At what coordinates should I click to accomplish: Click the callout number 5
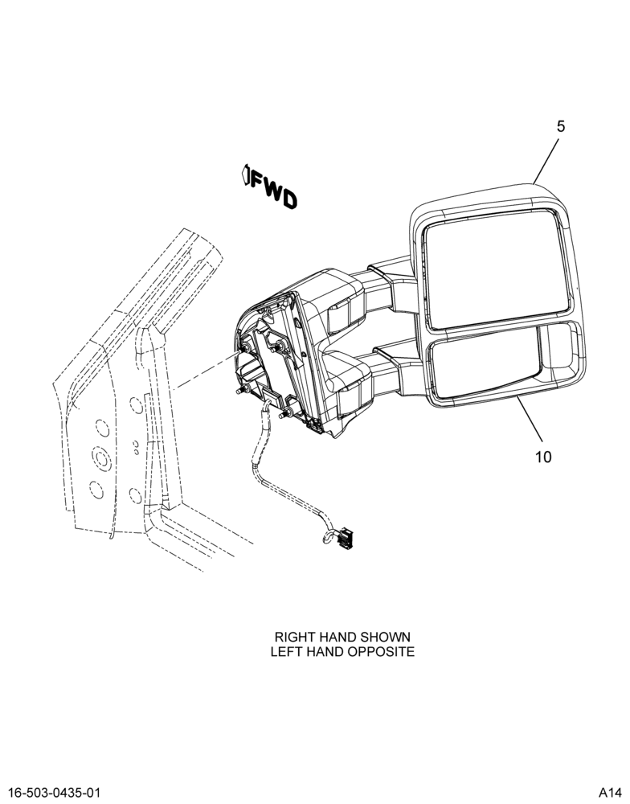(561, 126)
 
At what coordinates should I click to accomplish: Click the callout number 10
(543, 457)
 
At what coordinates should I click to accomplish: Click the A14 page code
(610, 792)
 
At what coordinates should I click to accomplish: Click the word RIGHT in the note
(295, 637)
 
